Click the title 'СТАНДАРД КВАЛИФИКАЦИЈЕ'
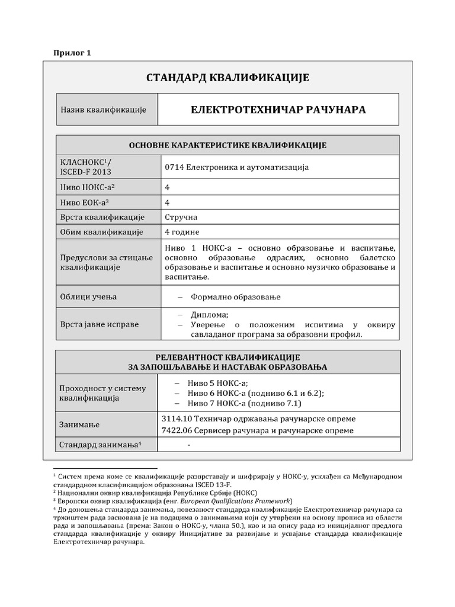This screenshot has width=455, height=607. [227, 78]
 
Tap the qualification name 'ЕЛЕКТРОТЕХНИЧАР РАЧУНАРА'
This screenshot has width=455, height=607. [278, 110]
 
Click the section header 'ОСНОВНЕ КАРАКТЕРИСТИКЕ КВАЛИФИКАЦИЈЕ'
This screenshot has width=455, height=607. [227, 145]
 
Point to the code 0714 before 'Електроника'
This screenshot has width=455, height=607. [175, 167]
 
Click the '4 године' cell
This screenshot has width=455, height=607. [182, 232]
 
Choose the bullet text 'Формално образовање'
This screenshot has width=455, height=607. [235, 296]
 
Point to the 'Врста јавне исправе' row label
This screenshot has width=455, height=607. [100, 325]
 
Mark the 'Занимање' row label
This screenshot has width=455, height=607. [80, 424]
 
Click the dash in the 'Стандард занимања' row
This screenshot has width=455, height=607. [188, 445]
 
